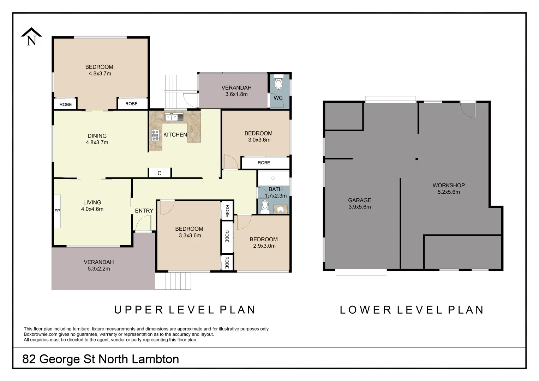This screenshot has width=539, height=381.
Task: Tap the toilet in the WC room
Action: pos(278,83)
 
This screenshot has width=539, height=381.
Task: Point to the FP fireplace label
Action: pos(57,211)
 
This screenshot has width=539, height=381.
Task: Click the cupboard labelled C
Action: pos(160,173)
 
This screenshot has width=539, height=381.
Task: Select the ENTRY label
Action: pos(144,211)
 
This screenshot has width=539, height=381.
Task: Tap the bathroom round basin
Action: pos(280,209)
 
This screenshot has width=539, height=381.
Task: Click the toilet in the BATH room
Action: pos(265,207)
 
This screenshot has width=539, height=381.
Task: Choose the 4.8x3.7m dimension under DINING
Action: pos(97,143)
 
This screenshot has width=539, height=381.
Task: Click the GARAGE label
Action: pos(359,200)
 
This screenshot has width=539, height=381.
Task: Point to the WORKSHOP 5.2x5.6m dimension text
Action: pos(449,192)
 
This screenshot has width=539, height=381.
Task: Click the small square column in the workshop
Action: pos(417,159)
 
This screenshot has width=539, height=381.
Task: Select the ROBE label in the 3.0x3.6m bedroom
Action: pos(264,163)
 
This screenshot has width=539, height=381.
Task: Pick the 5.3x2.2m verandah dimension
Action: pos(99,269)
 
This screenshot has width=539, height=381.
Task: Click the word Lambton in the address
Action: pos(155,359)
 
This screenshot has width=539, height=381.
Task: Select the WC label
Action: pos(278,98)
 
